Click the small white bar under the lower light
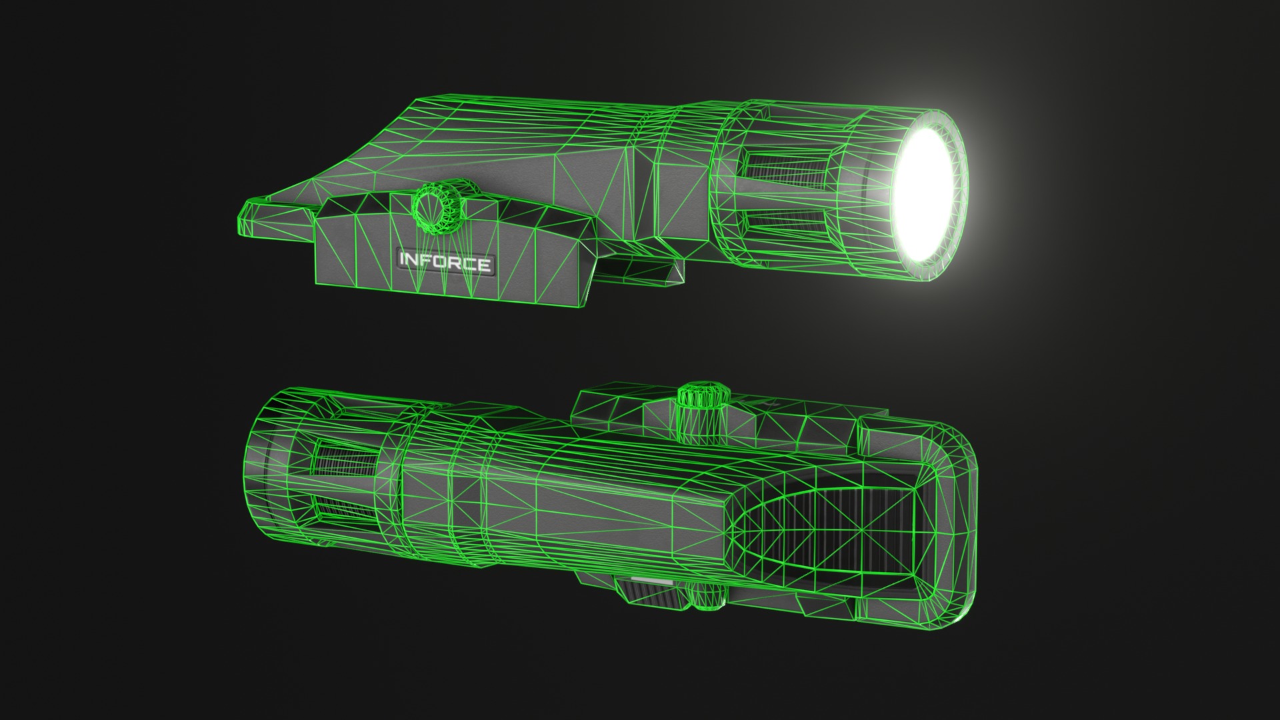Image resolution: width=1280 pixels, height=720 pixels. [x=651, y=581]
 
